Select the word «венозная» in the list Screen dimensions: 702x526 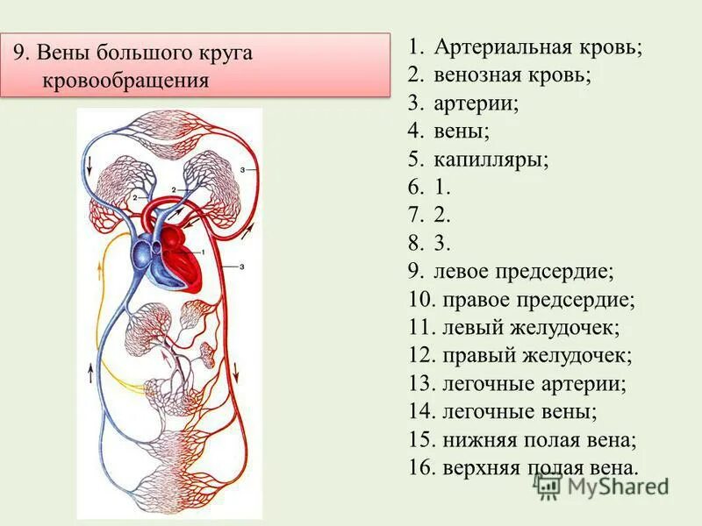tap(477, 75)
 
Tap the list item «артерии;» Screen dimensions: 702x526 tap(476, 103)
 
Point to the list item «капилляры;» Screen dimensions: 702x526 tap(491, 160)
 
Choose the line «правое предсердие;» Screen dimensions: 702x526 tap(539, 300)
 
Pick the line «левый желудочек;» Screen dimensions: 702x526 tap(532, 328)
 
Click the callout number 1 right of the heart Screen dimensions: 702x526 tap(204, 252)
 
